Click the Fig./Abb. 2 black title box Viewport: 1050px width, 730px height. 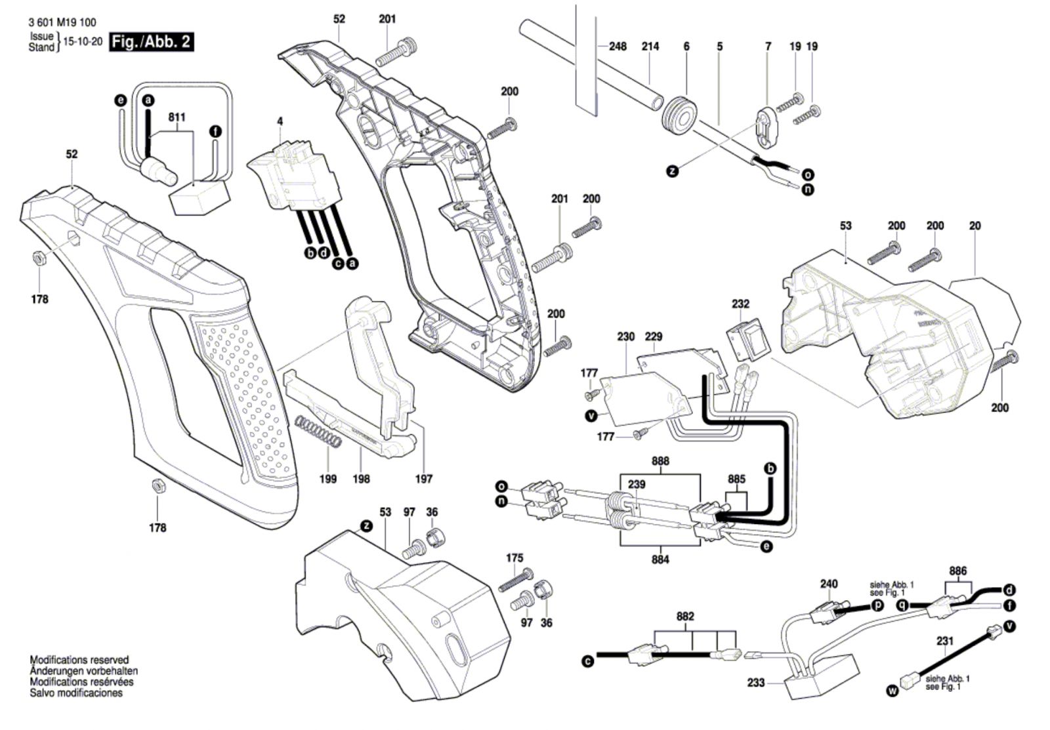click(x=152, y=41)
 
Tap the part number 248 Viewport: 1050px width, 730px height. click(x=618, y=47)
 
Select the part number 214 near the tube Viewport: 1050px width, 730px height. click(x=650, y=47)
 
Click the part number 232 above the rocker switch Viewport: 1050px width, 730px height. click(x=741, y=304)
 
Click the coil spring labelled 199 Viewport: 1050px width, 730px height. click(x=317, y=433)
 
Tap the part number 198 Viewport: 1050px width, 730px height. click(x=361, y=479)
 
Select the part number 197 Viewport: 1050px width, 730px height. click(x=424, y=479)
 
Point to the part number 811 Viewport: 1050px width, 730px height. click(x=177, y=117)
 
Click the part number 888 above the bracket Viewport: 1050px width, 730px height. click(x=660, y=461)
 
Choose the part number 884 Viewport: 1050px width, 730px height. click(x=660, y=559)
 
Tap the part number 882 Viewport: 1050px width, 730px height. click(x=685, y=617)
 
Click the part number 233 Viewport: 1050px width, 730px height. click(x=756, y=683)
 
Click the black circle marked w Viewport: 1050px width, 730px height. click(x=891, y=691)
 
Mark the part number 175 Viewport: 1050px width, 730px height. click(x=514, y=558)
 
